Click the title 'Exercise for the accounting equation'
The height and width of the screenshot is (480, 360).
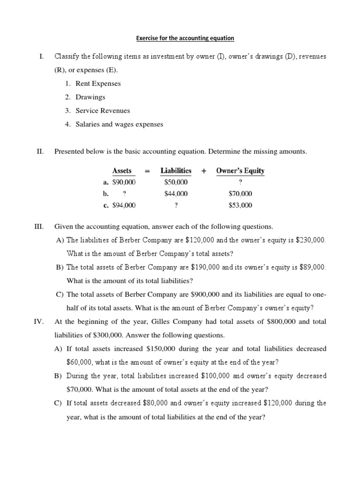pos(185,38)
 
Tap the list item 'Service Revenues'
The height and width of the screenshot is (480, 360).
pos(103,111)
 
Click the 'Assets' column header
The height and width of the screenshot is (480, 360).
pos(122,171)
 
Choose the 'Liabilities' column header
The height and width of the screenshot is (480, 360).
pos(176,171)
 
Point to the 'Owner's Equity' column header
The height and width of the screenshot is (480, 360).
pos(240,171)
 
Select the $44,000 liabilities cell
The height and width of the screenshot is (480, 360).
pos(176,194)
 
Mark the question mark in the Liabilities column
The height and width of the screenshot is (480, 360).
pos(176,205)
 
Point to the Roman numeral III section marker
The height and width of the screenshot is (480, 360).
pos(39,226)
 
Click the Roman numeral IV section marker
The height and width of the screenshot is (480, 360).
pos(39,322)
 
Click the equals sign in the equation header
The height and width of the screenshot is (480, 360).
pos(147,171)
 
